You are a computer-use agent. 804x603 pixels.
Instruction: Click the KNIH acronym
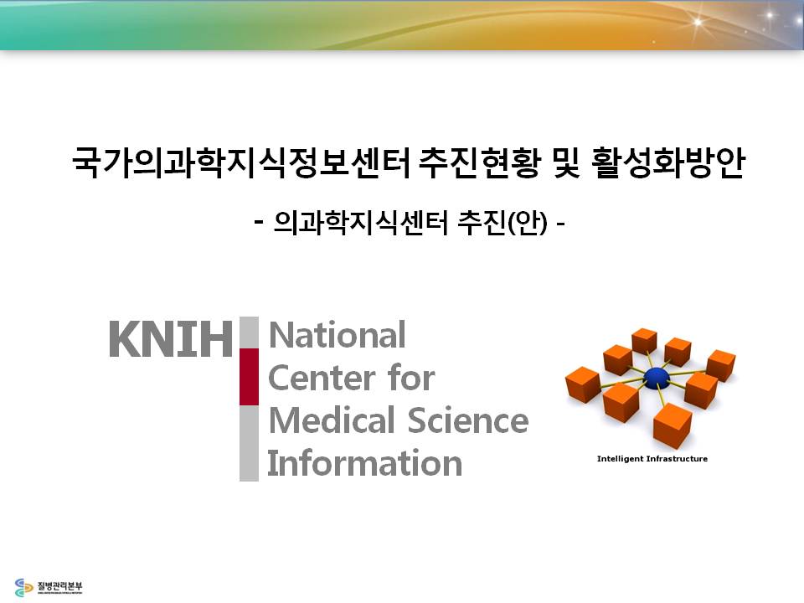pyautogui.click(x=171, y=338)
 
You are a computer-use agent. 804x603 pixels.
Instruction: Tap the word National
pyautogui.click(x=338, y=335)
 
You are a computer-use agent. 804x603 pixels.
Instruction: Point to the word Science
pyautogui.click(x=468, y=421)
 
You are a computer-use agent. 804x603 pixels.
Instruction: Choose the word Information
pyautogui.click(x=365, y=463)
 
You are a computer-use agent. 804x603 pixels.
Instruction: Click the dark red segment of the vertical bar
pyautogui.click(x=250, y=377)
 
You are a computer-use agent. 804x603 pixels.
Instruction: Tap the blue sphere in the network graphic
pyautogui.click(x=657, y=378)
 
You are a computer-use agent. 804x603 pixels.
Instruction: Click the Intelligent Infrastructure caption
pyautogui.click(x=652, y=459)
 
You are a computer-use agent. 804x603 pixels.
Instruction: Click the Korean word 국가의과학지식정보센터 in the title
pyautogui.click(x=241, y=163)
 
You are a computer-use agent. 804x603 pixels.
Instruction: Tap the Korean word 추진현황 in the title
pyautogui.click(x=480, y=163)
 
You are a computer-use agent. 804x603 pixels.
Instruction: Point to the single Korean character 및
pyautogui.click(x=566, y=163)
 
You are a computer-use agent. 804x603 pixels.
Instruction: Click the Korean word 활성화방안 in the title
pyautogui.click(x=667, y=163)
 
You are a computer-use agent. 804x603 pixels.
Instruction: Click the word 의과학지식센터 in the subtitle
pyautogui.click(x=362, y=223)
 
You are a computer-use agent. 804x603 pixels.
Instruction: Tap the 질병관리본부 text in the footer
pyautogui.click(x=59, y=585)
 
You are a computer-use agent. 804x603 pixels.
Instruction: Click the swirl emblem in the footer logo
pyautogui.click(x=23, y=588)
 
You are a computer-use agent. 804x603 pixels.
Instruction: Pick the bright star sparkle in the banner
pyautogui.click(x=698, y=22)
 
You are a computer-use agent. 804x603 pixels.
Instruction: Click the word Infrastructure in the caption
pyautogui.click(x=677, y=459)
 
